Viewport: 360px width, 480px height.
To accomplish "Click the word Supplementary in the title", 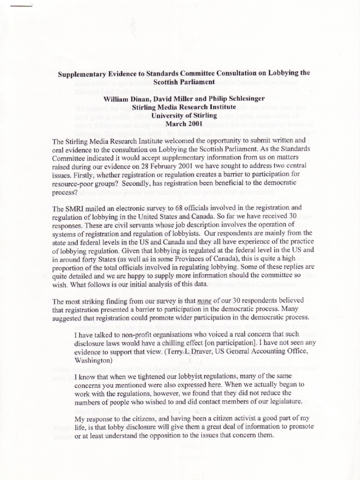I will (82, 74).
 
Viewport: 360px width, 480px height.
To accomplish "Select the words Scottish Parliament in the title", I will (180, 82).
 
